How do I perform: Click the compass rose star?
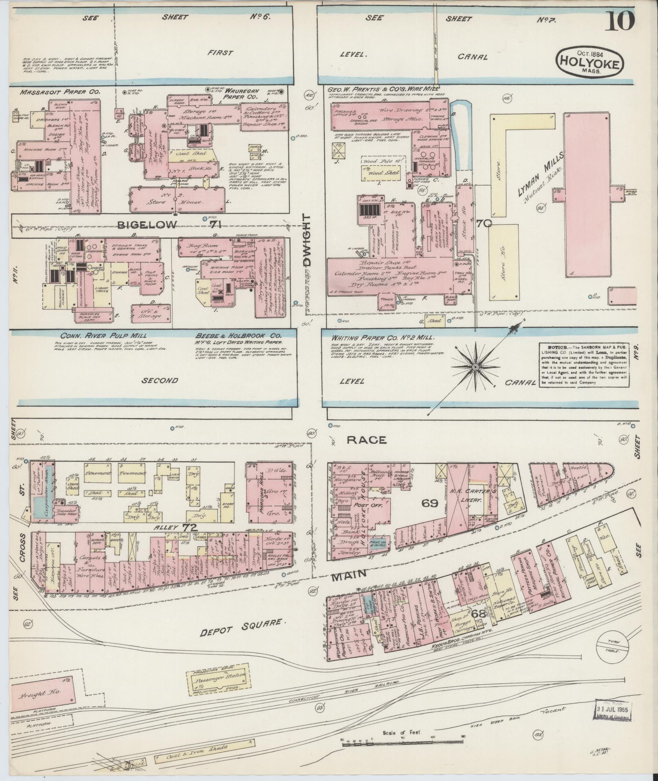click(474, 367)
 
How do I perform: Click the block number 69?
click(430, 503)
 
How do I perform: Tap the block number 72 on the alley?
click(190, 527)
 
